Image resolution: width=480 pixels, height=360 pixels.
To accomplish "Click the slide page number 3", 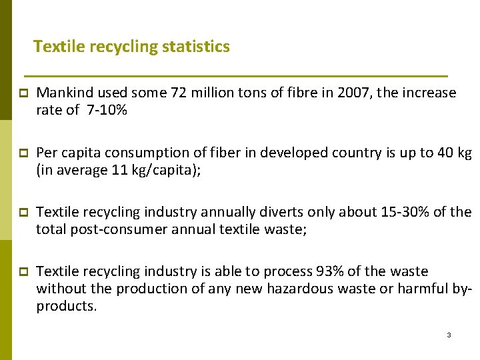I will point(449,335).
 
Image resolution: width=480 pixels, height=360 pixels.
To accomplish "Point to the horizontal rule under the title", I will point(235,75).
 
